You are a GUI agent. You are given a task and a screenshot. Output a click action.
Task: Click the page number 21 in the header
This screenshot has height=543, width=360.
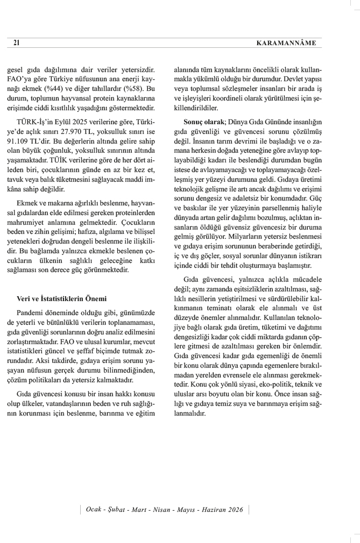point(16,42)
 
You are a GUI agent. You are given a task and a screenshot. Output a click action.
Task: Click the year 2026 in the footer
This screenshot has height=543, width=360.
point(235,510)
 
